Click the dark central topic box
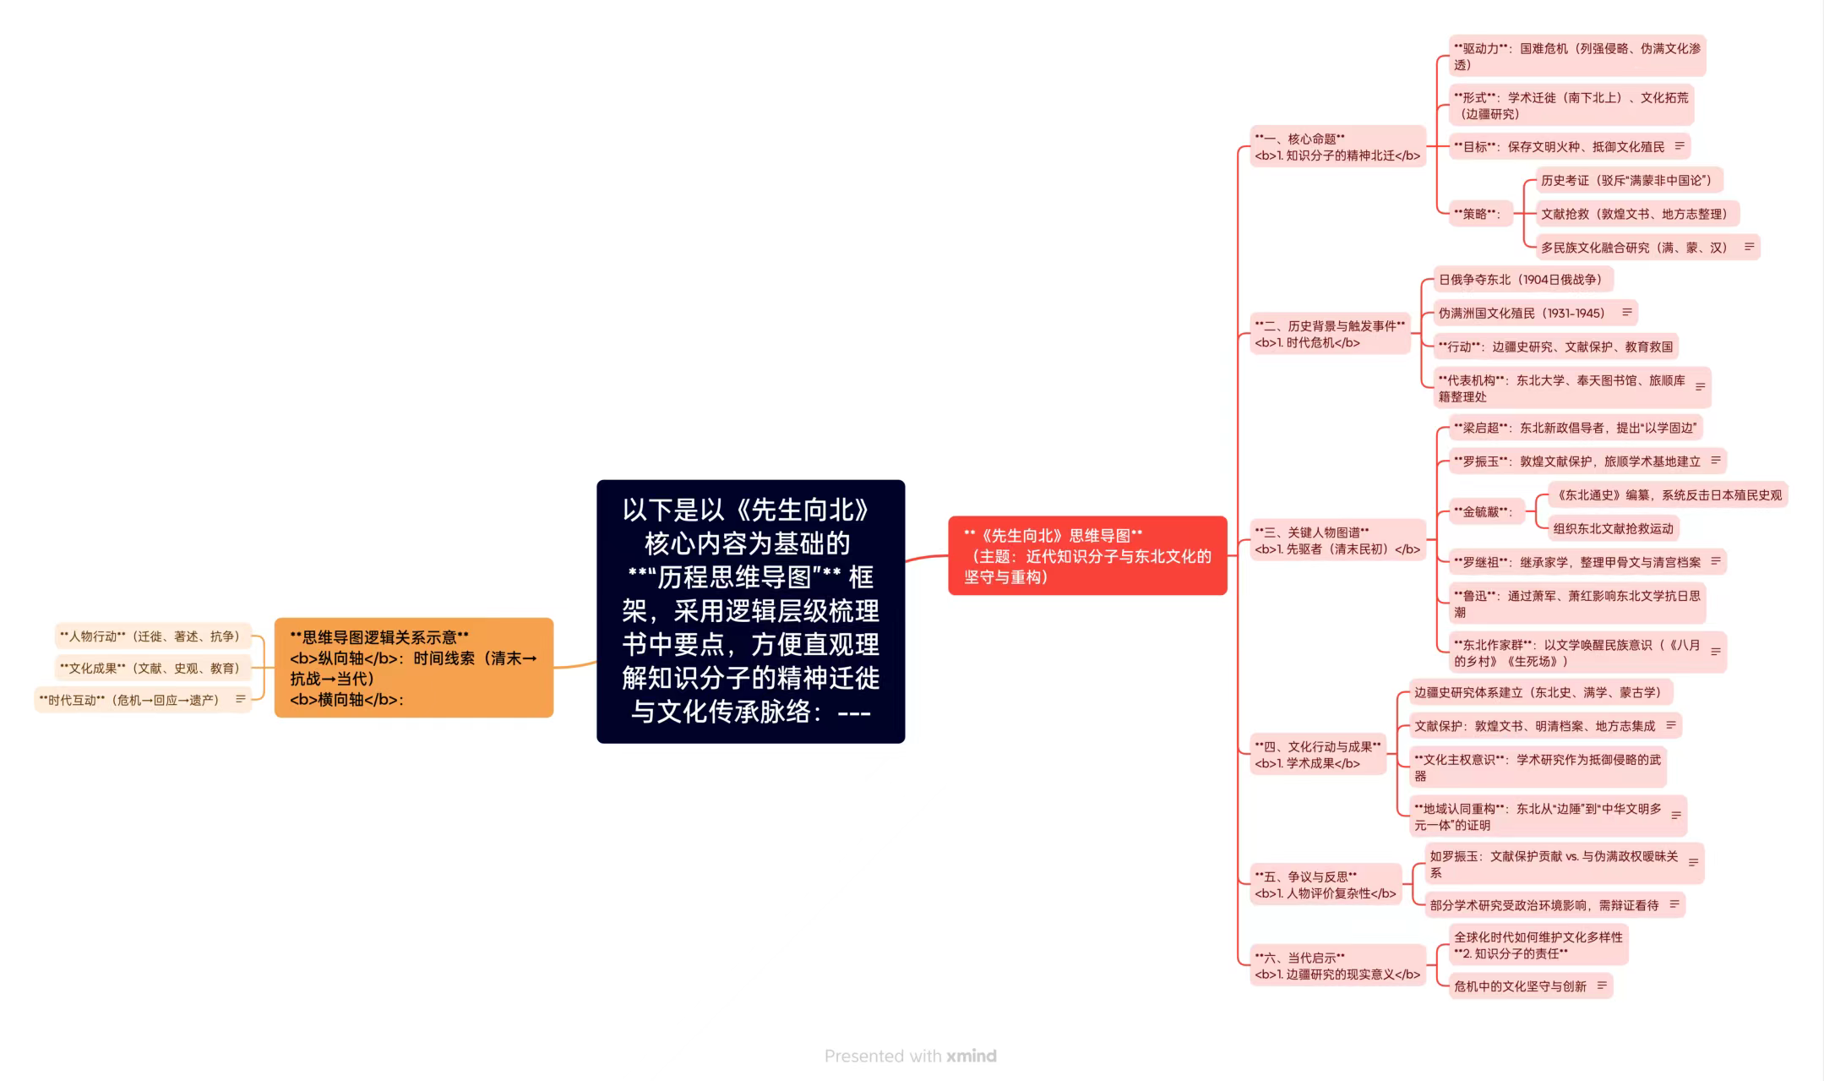click(x=750, y=611)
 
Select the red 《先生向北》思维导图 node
click(x=1087, y=555)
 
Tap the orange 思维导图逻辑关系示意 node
click(x=414, y=668)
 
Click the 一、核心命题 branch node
click(x=1337, y=147)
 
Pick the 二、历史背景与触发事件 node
click(x=1330, y=334)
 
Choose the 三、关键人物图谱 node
click(x=1337, y=541)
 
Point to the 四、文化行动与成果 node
click(x=1318, y=755)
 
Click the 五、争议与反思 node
click(x=1326, y=885)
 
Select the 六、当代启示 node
click(x=1337, y=966)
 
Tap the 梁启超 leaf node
click(x=1576, y=428)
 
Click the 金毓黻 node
click(x=1484, y=511)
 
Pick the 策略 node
click(x=1479, y=214)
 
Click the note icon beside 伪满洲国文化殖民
click(x=1626, y=313)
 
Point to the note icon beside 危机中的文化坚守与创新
click(x=1602, y=985)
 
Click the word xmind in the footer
click(x=972, y=1056)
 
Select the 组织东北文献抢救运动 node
click(x=1614, y=528)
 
